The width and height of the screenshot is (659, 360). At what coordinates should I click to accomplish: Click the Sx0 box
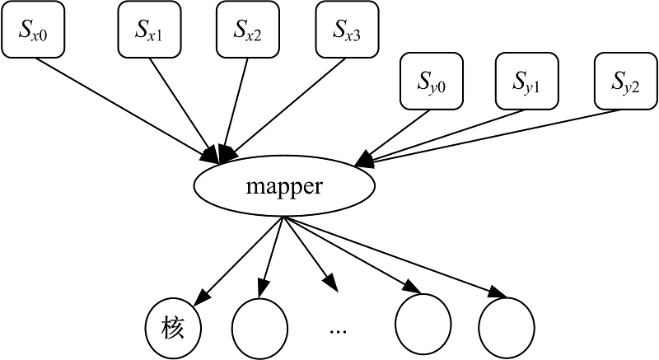(33, 30)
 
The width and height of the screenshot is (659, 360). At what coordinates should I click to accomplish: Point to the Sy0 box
(432, 81)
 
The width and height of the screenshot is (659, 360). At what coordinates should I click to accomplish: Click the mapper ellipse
(283, 187)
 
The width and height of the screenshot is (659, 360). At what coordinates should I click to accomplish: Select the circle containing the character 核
(173, 328)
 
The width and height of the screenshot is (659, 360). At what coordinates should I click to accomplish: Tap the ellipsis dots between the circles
(338, 329)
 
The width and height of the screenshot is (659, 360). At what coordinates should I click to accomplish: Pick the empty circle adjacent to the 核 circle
(260, 326)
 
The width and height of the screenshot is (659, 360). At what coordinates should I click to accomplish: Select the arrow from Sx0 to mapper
(124, 107)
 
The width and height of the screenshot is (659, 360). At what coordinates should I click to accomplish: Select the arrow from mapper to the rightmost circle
(395, 257)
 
